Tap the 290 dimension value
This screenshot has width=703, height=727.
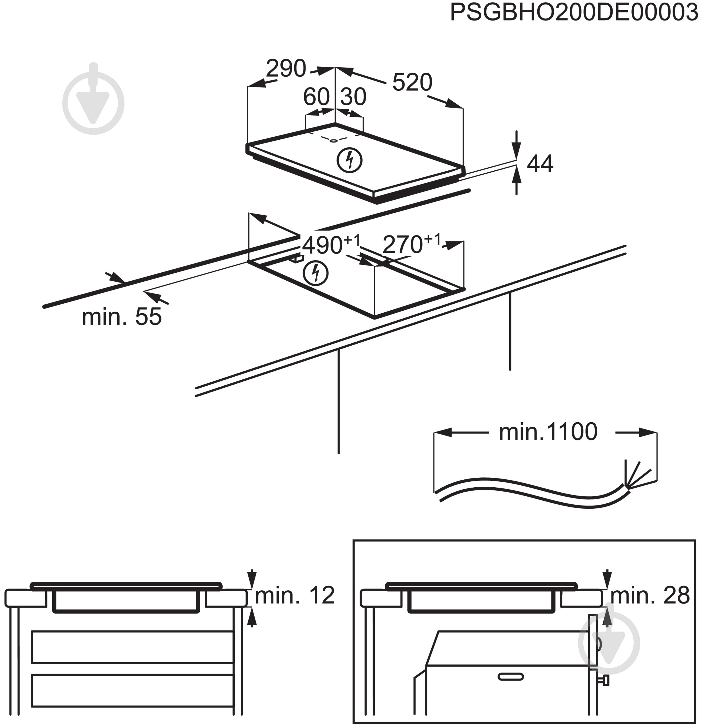pyautogui.click(x=286, y=69)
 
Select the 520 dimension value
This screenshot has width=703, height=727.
pyautogui.click(x=412, y=82)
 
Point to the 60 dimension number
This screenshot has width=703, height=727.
pyautogui.click(x=316, y=97)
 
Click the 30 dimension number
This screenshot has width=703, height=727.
pyautogui.click(x=353, y=97)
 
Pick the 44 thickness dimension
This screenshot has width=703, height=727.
pyautogui.click(x=540, y=164)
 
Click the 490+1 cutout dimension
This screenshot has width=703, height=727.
pyautogui.click(x=331, y=244)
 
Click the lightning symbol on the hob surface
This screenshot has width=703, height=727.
pyautogui.click(x=349, y=160)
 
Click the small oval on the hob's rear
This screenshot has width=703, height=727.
pyautogui.click(x=334, y=141)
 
